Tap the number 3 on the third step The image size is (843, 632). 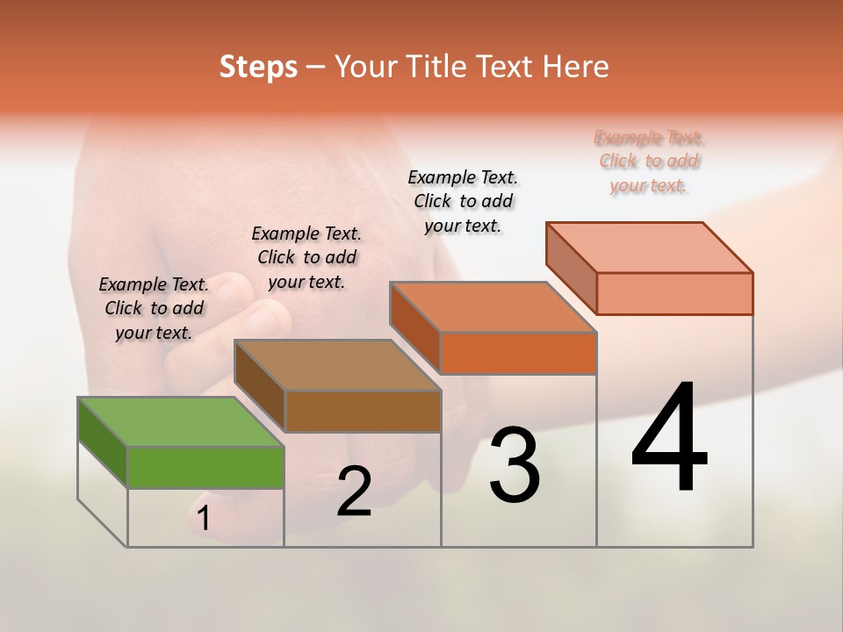click(515, 465)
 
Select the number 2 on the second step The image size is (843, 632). click(354, 492)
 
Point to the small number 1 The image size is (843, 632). click(204, 519)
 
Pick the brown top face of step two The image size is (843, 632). click(337, 364)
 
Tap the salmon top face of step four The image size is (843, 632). click(650, 247)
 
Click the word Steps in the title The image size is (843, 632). click(258, 67)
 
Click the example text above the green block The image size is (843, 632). click(154, 308)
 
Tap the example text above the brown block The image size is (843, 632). click(306, 257)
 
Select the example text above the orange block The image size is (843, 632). click(463, 201)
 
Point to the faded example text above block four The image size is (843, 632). click(649, 162)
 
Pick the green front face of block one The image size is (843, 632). click(205, 467)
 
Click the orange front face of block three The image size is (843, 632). click(518, 354)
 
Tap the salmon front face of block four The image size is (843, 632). click(674, 293)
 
